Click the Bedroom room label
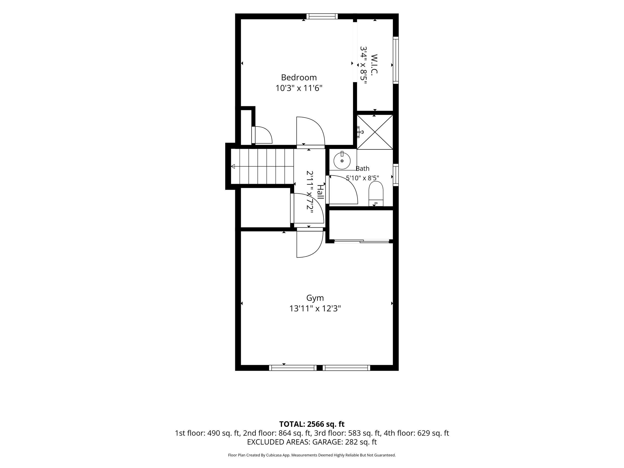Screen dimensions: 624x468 [x=299, y=77]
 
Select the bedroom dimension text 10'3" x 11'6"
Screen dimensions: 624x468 [x=299, y=88]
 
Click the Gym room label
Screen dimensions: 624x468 [x=315, y=298]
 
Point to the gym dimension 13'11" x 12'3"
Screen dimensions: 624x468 [x=315, y=309]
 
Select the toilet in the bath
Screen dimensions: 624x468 [x=376, y=194]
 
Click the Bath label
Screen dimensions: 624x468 [x=362, y=168]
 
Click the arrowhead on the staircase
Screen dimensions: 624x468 [x=233, y=167]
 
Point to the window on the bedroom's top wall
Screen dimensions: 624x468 [x=322, y=16]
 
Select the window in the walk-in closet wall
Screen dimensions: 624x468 [x=396, y=60]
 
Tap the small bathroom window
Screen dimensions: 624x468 [x=396, y=175]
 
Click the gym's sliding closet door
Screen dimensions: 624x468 [x=361, y=241]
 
